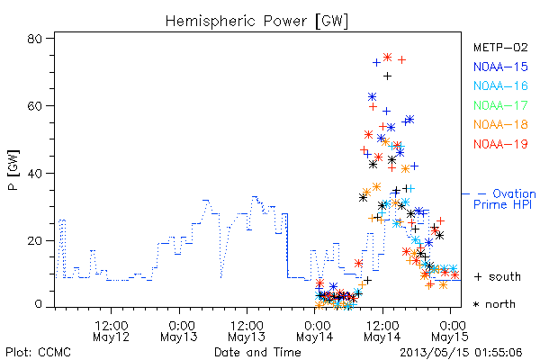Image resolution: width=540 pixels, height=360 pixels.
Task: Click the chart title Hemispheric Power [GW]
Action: point(256,21)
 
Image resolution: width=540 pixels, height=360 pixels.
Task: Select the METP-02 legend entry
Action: point(500,47)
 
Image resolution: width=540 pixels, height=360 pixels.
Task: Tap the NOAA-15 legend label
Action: point(500,67)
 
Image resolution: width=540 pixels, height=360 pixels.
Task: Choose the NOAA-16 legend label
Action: point(500,85)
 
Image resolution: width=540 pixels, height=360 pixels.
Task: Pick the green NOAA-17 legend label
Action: point(500,105)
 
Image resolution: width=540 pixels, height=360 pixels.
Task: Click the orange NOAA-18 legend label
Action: point(500,124)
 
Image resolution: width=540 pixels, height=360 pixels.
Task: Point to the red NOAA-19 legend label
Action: point(500,144)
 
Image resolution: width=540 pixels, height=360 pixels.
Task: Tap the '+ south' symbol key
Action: point(498,276)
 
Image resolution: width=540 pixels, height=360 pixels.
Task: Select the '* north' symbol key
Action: point(494,304)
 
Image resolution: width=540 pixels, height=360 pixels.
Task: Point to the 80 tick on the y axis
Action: point(34,39)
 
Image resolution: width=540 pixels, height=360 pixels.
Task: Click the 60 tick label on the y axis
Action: point(34,106)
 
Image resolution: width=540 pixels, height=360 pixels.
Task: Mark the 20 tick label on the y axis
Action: point(34,240)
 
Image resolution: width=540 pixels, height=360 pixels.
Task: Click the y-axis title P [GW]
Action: point(13,170)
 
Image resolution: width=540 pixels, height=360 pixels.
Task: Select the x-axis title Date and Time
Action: point(257,352)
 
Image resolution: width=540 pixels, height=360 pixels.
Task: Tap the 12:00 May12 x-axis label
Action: point(112,331)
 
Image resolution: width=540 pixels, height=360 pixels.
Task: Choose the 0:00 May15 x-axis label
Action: point(450,331)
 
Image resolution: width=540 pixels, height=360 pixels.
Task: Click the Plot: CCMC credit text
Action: point(38,352)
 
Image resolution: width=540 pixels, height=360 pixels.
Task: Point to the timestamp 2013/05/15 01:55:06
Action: point(461,353)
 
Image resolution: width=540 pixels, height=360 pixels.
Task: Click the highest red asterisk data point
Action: point(387,58)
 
